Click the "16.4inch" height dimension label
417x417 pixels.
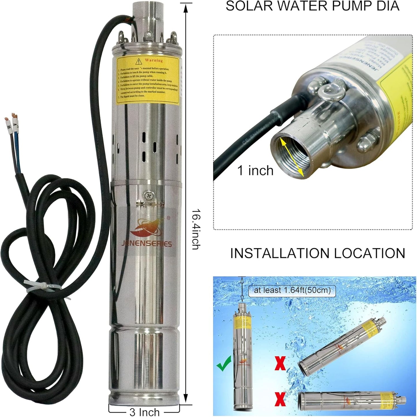point(195,229)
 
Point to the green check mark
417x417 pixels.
point(224,362)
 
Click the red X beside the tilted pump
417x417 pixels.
point(280,363)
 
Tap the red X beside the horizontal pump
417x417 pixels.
point(280,400)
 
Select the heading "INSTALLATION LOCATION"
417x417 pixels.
point(317,253)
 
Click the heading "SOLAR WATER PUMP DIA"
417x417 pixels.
point(313,6)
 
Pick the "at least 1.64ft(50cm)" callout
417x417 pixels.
point(292,290)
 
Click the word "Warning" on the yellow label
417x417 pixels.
point(154,60)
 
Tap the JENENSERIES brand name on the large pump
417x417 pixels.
point(150,244)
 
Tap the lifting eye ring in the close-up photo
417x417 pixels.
point(329,91)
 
